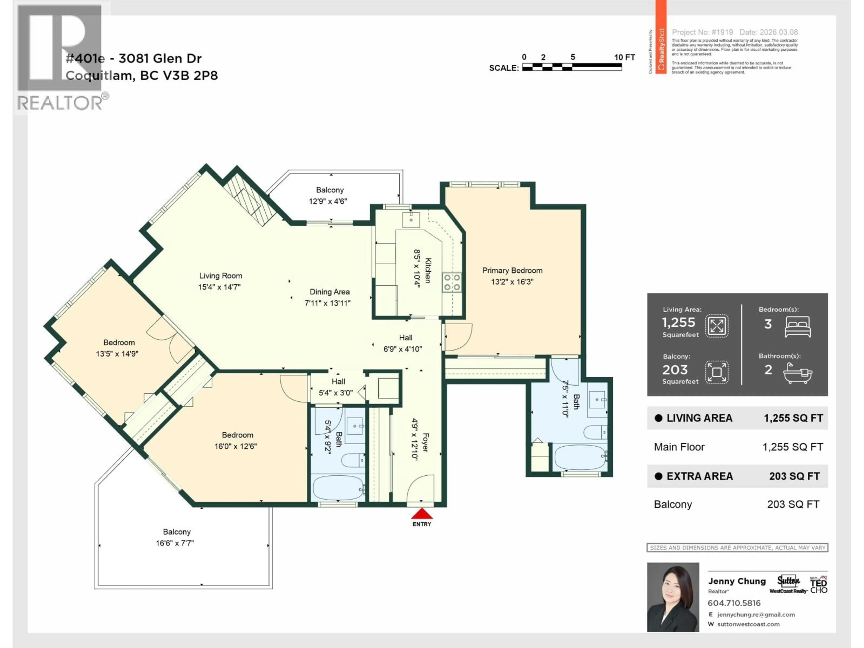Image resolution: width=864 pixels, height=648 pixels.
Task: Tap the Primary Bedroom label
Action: pos(512,270)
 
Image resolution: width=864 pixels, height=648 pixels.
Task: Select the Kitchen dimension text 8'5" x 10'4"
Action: pos(417,268)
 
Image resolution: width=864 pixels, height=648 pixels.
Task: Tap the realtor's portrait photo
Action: pos(673,597)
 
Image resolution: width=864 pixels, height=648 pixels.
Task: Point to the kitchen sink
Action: pos(411,220)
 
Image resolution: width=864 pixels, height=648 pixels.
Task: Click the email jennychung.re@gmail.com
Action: pos(756,614)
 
